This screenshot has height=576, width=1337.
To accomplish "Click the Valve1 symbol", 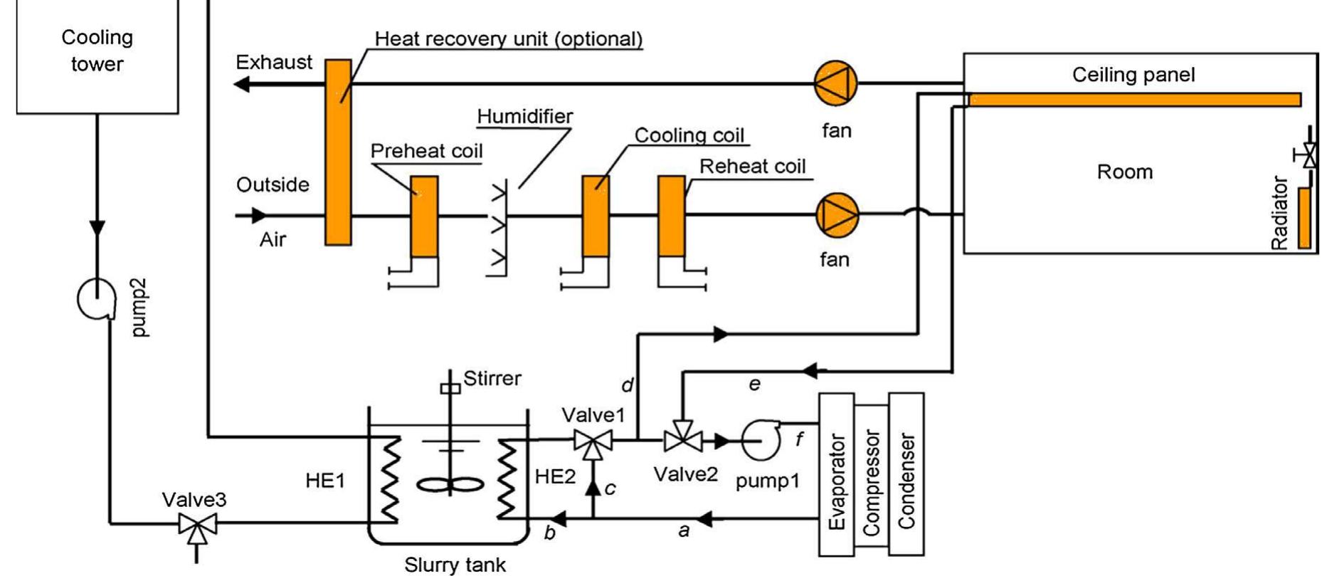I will pyautogui.click(x=593, y=442).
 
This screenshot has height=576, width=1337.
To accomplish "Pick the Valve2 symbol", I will pyautogui.click(x=683, y=441).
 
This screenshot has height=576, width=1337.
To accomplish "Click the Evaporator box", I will pyautogui.click(x=837, y=474).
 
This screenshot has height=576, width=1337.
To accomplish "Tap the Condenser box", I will pyautogui.click(x=906, y=473).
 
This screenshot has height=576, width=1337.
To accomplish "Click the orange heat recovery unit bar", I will pyautogui.click(x=338, y=152).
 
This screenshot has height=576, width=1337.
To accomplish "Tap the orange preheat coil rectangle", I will pyautogui.click(x=425, y=216).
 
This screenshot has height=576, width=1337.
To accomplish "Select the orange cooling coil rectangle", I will pyautogui.click(x=596, y=216).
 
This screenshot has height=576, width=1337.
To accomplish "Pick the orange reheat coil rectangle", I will pyautogui.click(x=671, y=216).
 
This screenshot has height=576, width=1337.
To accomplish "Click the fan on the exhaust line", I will pyautogui.click(x=835, y=83).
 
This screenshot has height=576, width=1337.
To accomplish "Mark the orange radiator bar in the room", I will pyautogui.click(x=1304, y=218).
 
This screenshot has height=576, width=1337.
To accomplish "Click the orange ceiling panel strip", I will pyautogui.click(x=1134, y=99).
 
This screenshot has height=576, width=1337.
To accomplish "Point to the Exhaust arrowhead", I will pyautogui.click(x=243, y=85).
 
